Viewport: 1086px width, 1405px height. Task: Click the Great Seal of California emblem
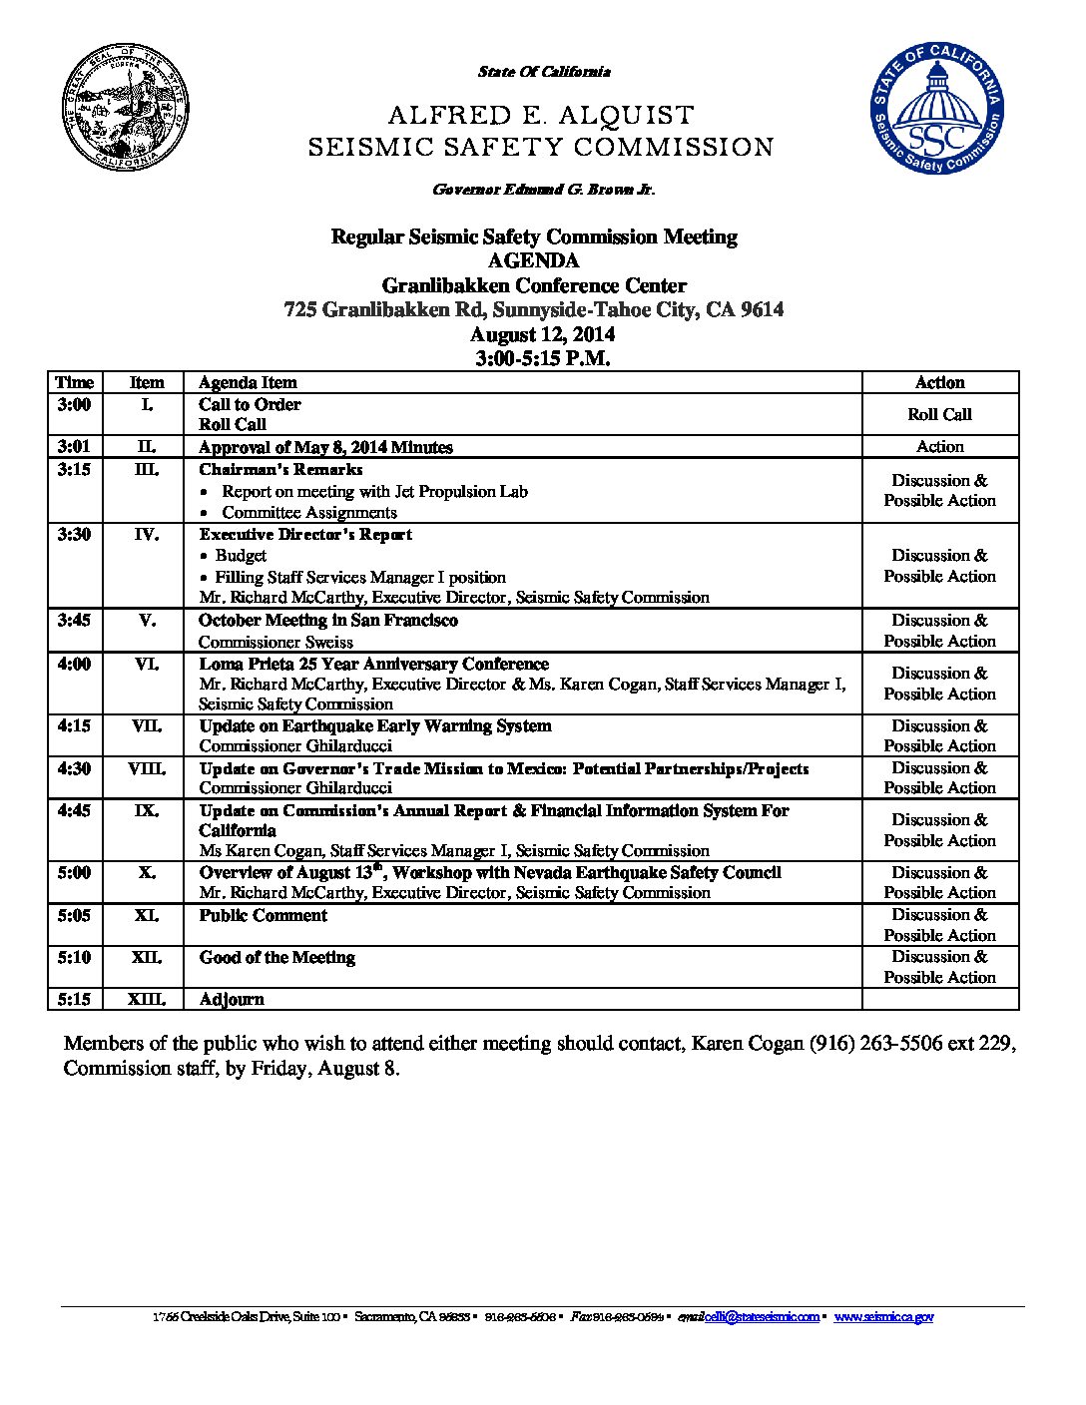pyautogui.click(x=126, y=109)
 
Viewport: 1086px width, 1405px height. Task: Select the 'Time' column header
pyautogui.click(x=75, y=382)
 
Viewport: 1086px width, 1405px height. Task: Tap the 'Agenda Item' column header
pyautogui.click(x=248, y=382)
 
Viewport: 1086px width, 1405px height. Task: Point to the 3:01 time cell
pyautogui.click(x=75, y=446)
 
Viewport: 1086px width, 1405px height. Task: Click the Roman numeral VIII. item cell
pyautogui.click(x=147, y=768)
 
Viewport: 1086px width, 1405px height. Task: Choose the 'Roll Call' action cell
pyautogui.click(x=939, y=414)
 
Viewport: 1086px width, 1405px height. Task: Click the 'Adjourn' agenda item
pyautogui.click(x=232, y=999)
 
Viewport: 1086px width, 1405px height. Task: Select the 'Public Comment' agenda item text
pyautogui.click(x=263, y=915)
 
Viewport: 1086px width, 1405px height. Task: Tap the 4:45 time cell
pyautogui.click(x=75, y=810)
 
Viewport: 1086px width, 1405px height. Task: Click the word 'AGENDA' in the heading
pyautogui.click(x=534, y=260)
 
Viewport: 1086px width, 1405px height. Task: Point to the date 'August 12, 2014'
pyautogui.click(x=542, y=334)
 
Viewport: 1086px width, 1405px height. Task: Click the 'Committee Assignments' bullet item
pyautogui.click(x=309, y=512)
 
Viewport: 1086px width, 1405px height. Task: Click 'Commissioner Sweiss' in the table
pyautogui.click(x=275, y=642)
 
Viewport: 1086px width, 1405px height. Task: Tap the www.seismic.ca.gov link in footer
pyautogui.click(x=883, y=1317)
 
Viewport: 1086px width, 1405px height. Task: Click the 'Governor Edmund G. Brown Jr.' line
pyautogui.click(x=543, y=190)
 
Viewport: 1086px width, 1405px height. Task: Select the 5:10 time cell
pyautogui.click(x=75, y=957)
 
